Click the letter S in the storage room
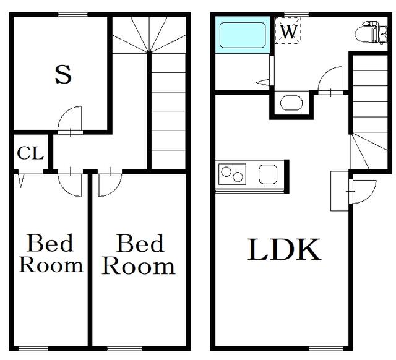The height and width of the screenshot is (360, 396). pyautogui.click(x=63, y=74)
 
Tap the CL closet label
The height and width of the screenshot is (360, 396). pyautogui.click(x=30, y=153)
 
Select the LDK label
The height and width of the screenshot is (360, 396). pyautogui.click(x=284, y=249)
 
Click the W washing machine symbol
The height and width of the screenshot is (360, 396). pyautogui.click(x=288, y=30)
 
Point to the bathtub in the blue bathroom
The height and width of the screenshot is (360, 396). pyautogui.click(x=243, y=35)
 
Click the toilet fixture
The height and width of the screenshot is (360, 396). pyautogui.click(x=371, y=33)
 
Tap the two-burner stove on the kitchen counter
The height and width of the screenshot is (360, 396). pyautogui.click(x=233, y=174)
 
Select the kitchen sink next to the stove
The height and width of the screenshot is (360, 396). pyautogui.click(x=268, y=174)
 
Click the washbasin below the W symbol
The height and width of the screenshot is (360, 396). pyautogui.click(x=291, y=103)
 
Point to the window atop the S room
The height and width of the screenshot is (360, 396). pyautogui.click(x=73, y=15)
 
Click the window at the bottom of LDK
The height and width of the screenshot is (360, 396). pyautogui.click(x=326, y=349)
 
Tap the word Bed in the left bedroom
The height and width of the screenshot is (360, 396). pyautogui.click(x=50, y=243)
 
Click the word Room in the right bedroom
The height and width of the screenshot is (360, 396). pyautogui.click(x=139, y=267)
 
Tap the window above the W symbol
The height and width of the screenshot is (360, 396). pyautogui.click(x=296, y=14)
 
